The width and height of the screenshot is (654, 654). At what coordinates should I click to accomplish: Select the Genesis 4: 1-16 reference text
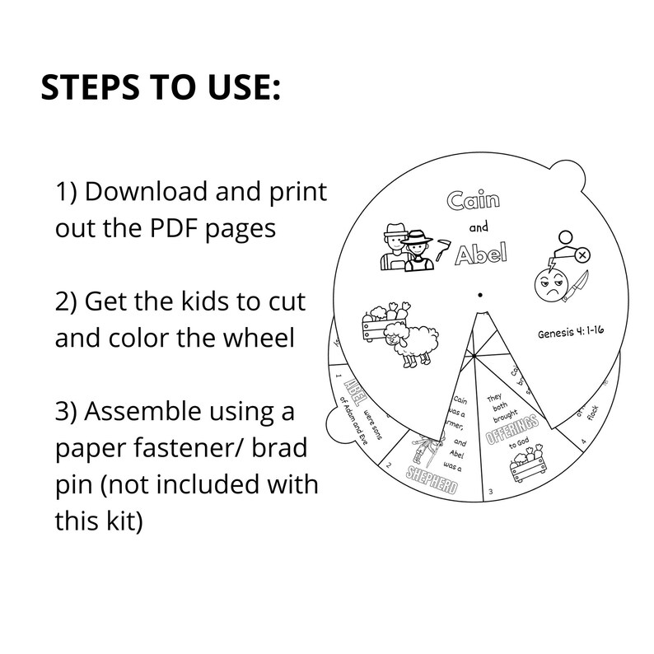click(x=573, y=334)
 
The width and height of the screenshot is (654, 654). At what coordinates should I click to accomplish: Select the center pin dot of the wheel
click(x=480, y=293)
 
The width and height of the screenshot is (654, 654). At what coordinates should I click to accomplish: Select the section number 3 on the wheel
click(x=491, y=493)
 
